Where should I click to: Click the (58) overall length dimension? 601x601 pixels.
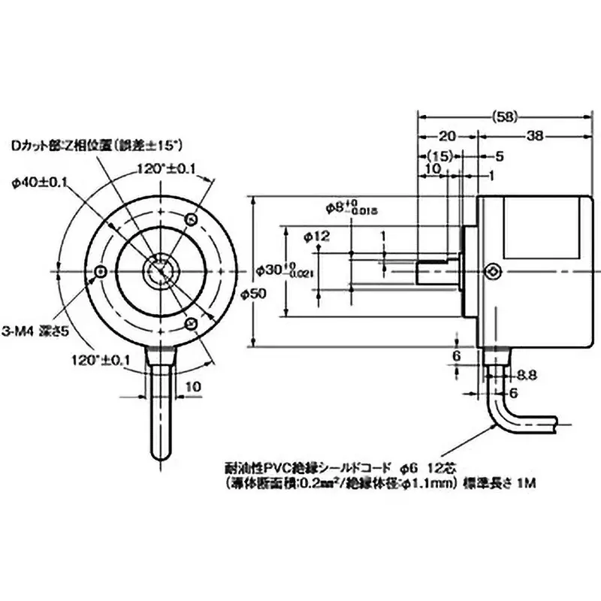506,116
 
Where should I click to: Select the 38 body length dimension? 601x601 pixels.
536,137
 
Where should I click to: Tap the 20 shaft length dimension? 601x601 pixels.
447,137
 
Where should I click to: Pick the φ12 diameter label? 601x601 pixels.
319,237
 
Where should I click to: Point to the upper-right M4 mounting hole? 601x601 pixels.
192,220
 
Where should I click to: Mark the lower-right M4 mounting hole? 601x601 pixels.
192,324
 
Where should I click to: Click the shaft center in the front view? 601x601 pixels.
161,271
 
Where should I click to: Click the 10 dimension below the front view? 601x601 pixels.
191,387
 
